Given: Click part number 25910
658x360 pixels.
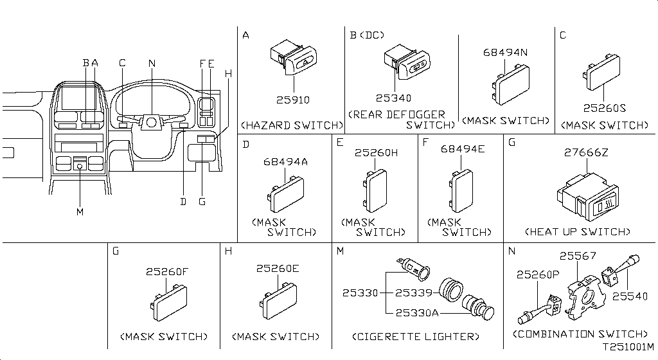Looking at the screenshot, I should point(293,100).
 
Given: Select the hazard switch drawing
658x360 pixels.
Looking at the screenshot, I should point(293,60).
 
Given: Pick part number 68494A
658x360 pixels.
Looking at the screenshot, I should point(285,162).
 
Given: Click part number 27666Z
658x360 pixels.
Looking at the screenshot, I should point(586,153).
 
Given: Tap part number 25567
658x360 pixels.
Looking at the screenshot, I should point(578,256).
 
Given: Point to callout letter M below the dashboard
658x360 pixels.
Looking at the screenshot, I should point(80,212).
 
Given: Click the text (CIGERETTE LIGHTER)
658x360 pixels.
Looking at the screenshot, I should point(416,336).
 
